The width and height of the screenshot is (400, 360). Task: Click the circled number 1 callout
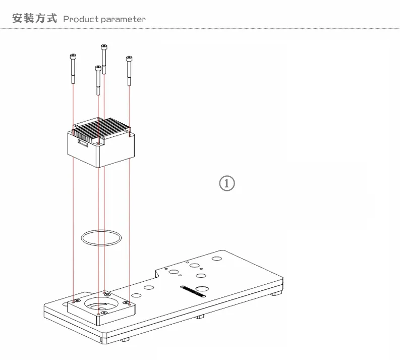click(x=226, y=183)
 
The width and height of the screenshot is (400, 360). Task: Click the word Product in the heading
click(x=80, y=19)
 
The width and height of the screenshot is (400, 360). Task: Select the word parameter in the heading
click(x=123, y=19)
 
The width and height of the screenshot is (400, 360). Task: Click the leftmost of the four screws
click(x=73, y=68)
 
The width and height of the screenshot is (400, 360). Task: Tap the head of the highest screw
click(x=104, y=47)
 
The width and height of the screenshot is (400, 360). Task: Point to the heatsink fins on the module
click(x=103, y=128)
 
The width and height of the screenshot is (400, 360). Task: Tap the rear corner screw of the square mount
click(x=105, y=293)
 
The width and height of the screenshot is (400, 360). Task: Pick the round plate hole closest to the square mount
click(x=135, y=296)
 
